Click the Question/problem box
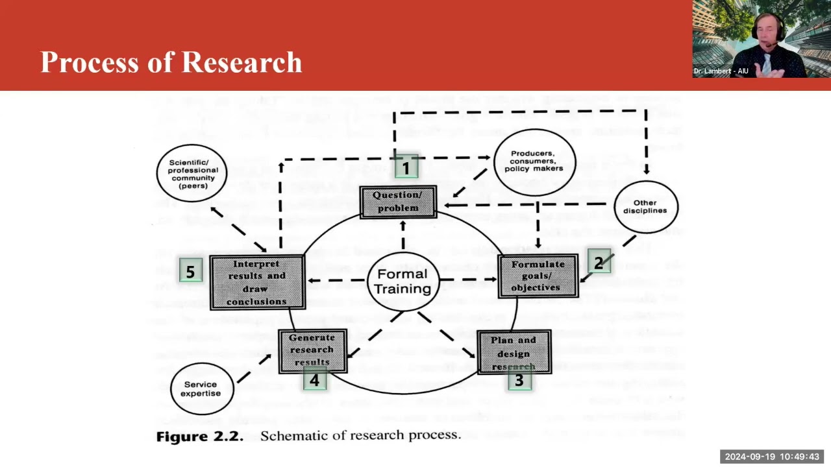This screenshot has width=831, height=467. (397, 202)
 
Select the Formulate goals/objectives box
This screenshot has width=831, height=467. (538, 276)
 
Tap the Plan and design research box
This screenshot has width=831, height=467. (514, 352)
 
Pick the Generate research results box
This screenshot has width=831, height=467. (312, 350)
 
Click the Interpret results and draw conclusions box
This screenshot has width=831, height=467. (257, 282)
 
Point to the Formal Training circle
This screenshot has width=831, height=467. (403, 281)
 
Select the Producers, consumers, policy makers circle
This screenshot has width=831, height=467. (535, 161)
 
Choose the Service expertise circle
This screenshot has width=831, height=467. (201, 389)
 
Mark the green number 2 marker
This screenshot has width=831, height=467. (599, 262)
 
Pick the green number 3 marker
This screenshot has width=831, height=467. (519, 381)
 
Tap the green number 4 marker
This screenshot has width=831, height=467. (315, 381)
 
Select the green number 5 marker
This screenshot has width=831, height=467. (190, 272)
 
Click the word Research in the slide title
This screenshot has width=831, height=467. (242, 62)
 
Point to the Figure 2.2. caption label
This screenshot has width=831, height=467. (199, 436)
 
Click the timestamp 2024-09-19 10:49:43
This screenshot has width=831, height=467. (771, 457)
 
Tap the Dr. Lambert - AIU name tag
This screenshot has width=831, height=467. (721, 71)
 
